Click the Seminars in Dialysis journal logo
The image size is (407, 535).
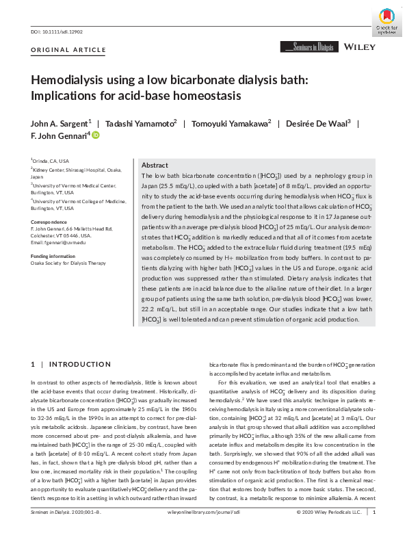click(308, 47)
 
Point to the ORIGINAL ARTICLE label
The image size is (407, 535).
click(58, 51)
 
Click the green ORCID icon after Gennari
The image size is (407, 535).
click(96, 136)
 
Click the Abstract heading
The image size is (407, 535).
click(155, 166)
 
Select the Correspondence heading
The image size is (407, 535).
click(49, 222)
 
